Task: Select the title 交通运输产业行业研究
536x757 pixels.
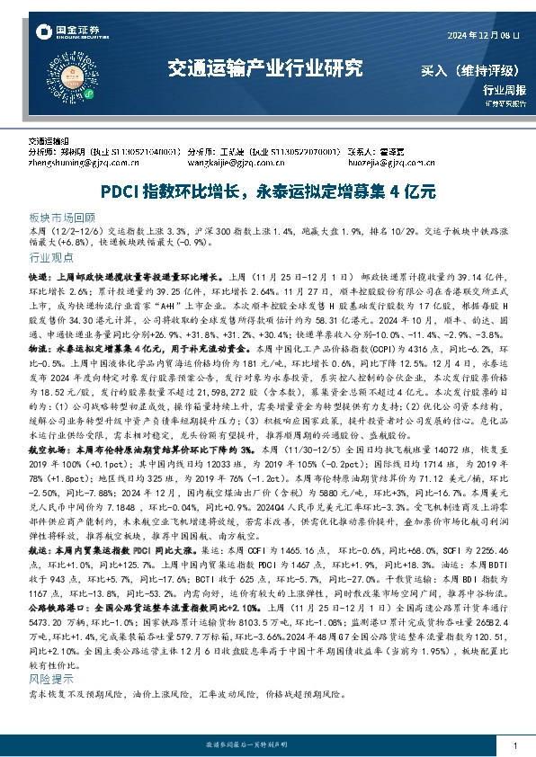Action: click(x=265, y=67)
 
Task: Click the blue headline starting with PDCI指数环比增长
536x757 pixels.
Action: click(x=268, y=191)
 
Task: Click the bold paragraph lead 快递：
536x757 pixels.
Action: click(x=41, y=279)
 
